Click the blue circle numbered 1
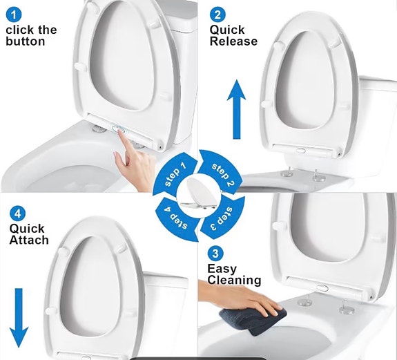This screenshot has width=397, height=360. pyautogui.click(x=14, y=15)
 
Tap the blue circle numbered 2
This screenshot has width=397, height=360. pyautogui.click(x=217, y=15)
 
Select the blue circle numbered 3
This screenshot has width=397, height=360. pyautogui.click(x=215, y=254)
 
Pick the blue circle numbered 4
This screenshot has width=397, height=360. pyautogui.click(x=18, y=214)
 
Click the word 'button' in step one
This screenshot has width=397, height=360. pyautogui.click(x=26, y=41)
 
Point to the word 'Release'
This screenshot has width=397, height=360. pyautogui.click(x=233, y=41)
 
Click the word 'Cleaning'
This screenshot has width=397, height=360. pyautogui.click(x=234, y=281)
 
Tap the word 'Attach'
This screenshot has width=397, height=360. pyautogui.click(x=29, y=240)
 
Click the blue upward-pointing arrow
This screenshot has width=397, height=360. pyautogui.click(x=236, y=109)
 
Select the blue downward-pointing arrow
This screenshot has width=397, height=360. pyautogui.click(x=19, y=318)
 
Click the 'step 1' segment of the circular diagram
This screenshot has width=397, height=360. pyautogui.click(x=175, y=174)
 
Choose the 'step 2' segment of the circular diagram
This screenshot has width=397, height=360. pyautogui.click(x=222, y=172)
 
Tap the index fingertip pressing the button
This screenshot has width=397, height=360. pyautogui.click(x=121, y=134)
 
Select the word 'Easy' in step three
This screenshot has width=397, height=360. pyautogui.click(x=222, y=269)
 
